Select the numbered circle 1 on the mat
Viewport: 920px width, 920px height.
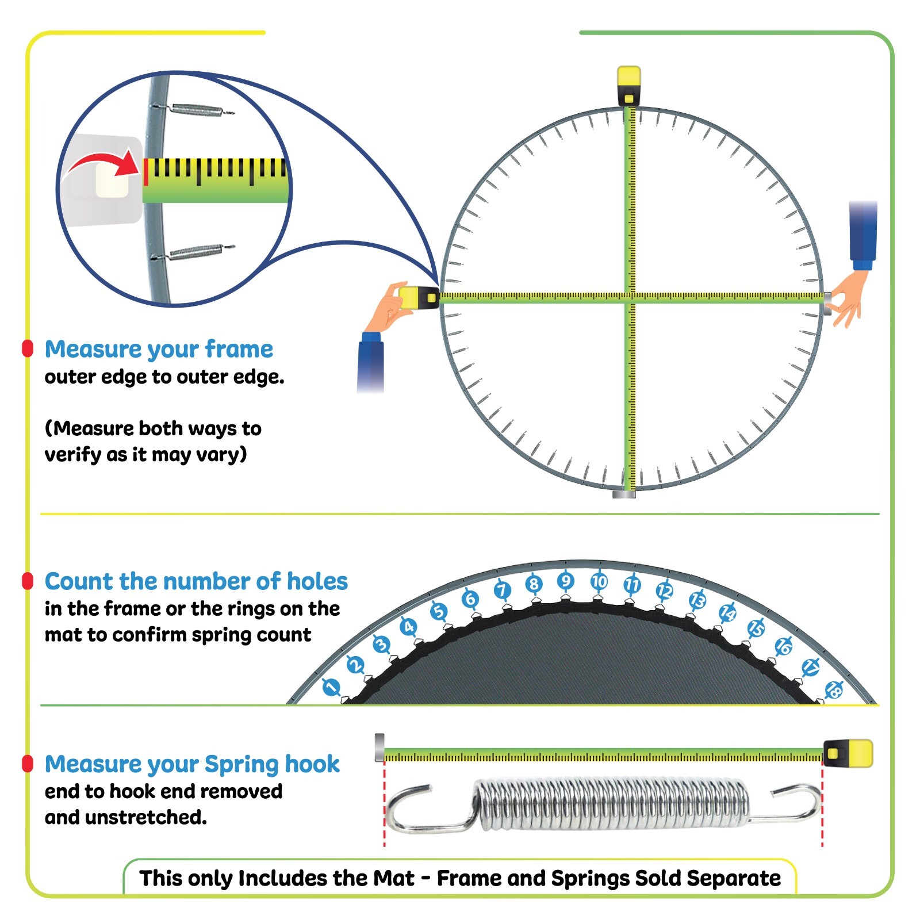click(331, 687)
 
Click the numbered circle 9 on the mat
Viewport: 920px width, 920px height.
click(565, 581)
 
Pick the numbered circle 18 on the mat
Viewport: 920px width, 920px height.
click(834, 689)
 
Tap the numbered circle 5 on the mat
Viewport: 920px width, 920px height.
click(439, 611)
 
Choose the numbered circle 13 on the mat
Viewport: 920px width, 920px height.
click(697, 600)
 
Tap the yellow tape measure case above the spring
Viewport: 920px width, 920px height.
click(849, 753)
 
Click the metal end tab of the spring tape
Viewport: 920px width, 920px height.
click(379, 747)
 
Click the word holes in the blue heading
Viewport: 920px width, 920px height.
click(317, 581)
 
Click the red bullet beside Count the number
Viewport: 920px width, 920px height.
click(27, 581)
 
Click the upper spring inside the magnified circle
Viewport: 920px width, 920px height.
click(195, 109)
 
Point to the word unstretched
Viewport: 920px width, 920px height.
click(146, 817)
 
